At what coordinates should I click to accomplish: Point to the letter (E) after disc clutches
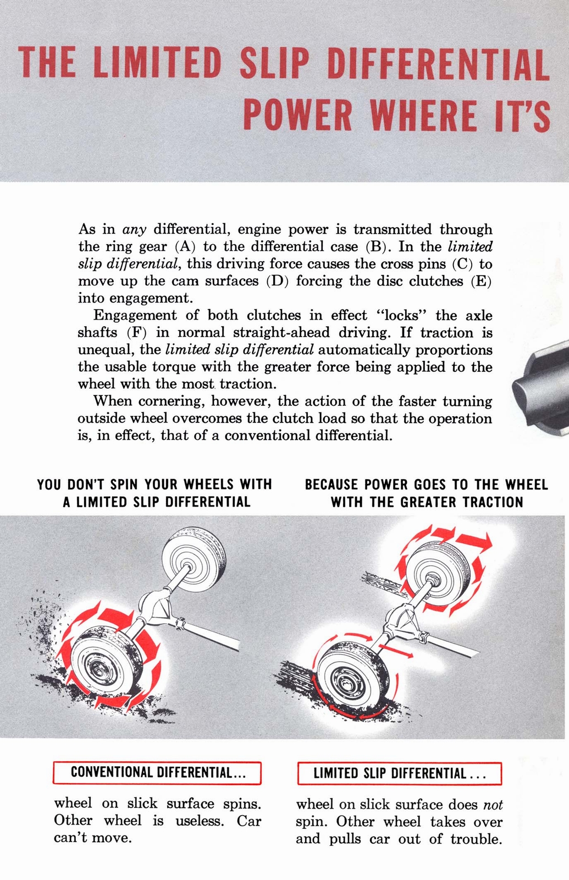tap(481, 281)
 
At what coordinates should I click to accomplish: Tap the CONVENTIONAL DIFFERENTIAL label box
tap(157, 773)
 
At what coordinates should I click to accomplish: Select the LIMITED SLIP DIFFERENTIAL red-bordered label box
tap(400, 773)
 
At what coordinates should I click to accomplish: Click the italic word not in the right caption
tap(493, 805)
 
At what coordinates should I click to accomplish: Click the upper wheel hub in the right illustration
tap(434, 577)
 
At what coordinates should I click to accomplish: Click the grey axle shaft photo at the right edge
tap(542, 385)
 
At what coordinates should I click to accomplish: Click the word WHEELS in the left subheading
tap(209, 485)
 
